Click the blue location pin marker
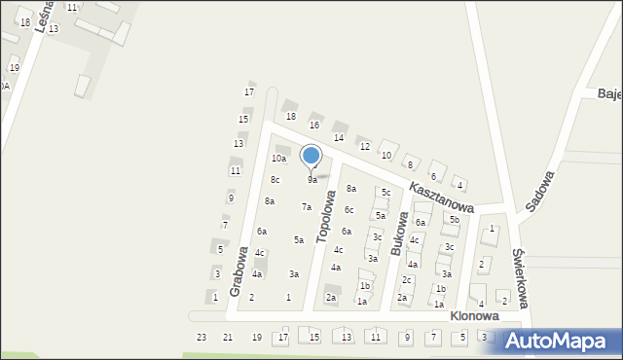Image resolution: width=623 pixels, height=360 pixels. [311, 157]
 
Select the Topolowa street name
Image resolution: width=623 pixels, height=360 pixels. [330, 219]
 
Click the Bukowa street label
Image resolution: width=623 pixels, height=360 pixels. [399, 234]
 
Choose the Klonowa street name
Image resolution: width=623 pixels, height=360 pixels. [474, 316]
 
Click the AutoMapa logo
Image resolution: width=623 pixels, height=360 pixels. [560, 341]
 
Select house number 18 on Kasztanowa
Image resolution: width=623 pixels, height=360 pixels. [290, 116]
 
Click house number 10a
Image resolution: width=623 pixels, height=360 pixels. [279, 158]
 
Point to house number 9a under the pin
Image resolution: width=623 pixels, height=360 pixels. [312, 180]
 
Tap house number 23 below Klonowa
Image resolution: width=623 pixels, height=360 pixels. [202, 337]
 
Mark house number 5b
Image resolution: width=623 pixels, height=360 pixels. [454, 220]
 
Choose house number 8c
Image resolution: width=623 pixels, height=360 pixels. [275, 179]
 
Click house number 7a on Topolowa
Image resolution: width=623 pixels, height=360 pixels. [307, 206]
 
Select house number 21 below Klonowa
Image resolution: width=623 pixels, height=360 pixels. [228, 337]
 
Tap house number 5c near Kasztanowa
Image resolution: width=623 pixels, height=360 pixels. [385, 192]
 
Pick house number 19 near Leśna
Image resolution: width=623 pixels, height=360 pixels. [14, 68]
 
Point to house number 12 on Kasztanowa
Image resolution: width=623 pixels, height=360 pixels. [365, 146]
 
